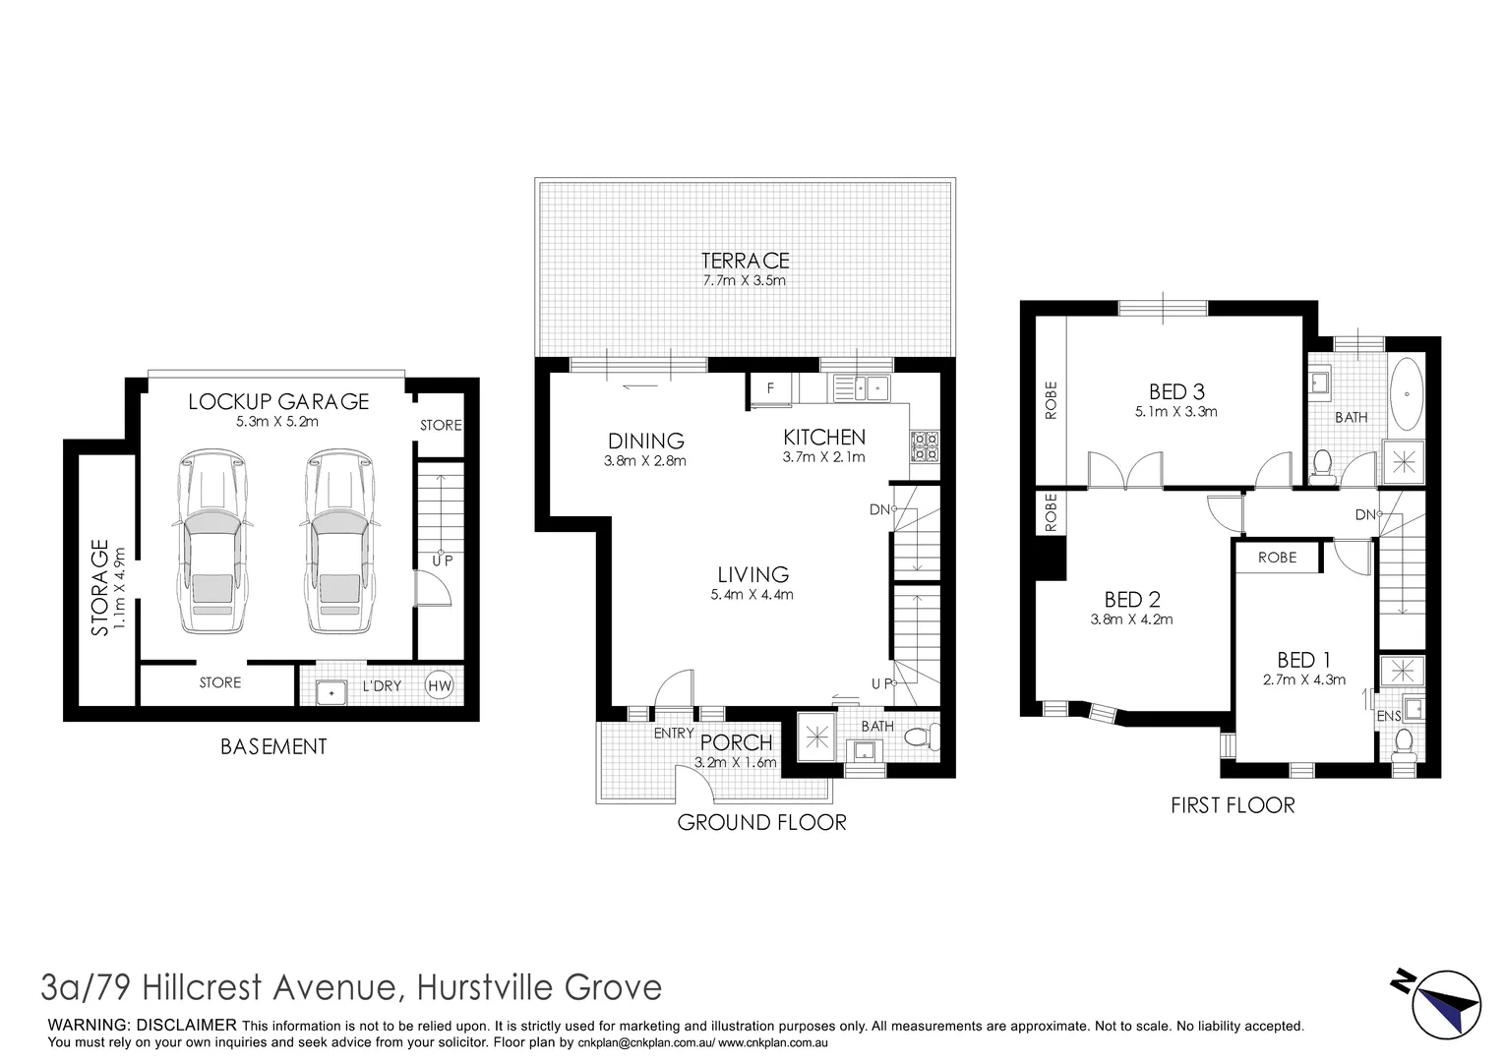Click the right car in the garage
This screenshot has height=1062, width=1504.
[339, 543]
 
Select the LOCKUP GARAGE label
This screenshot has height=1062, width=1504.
[278, 401]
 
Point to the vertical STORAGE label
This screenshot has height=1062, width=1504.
[99, 587]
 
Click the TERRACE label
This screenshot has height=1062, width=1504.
[745, 261]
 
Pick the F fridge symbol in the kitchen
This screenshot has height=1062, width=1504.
[771, 387]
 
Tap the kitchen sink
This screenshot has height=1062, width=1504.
[863, 388]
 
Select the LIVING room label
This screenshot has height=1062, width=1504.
[752, 574]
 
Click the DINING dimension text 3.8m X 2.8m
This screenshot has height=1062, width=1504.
[645, 460]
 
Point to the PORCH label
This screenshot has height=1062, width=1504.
[737, 742]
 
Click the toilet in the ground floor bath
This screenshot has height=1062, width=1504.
[922, 737]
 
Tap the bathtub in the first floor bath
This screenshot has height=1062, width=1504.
[1407, 392]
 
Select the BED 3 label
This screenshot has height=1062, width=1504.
[1175, 391]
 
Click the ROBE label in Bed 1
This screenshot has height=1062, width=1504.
[1277, 558]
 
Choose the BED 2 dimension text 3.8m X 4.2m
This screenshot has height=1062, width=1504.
[1131, 619]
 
